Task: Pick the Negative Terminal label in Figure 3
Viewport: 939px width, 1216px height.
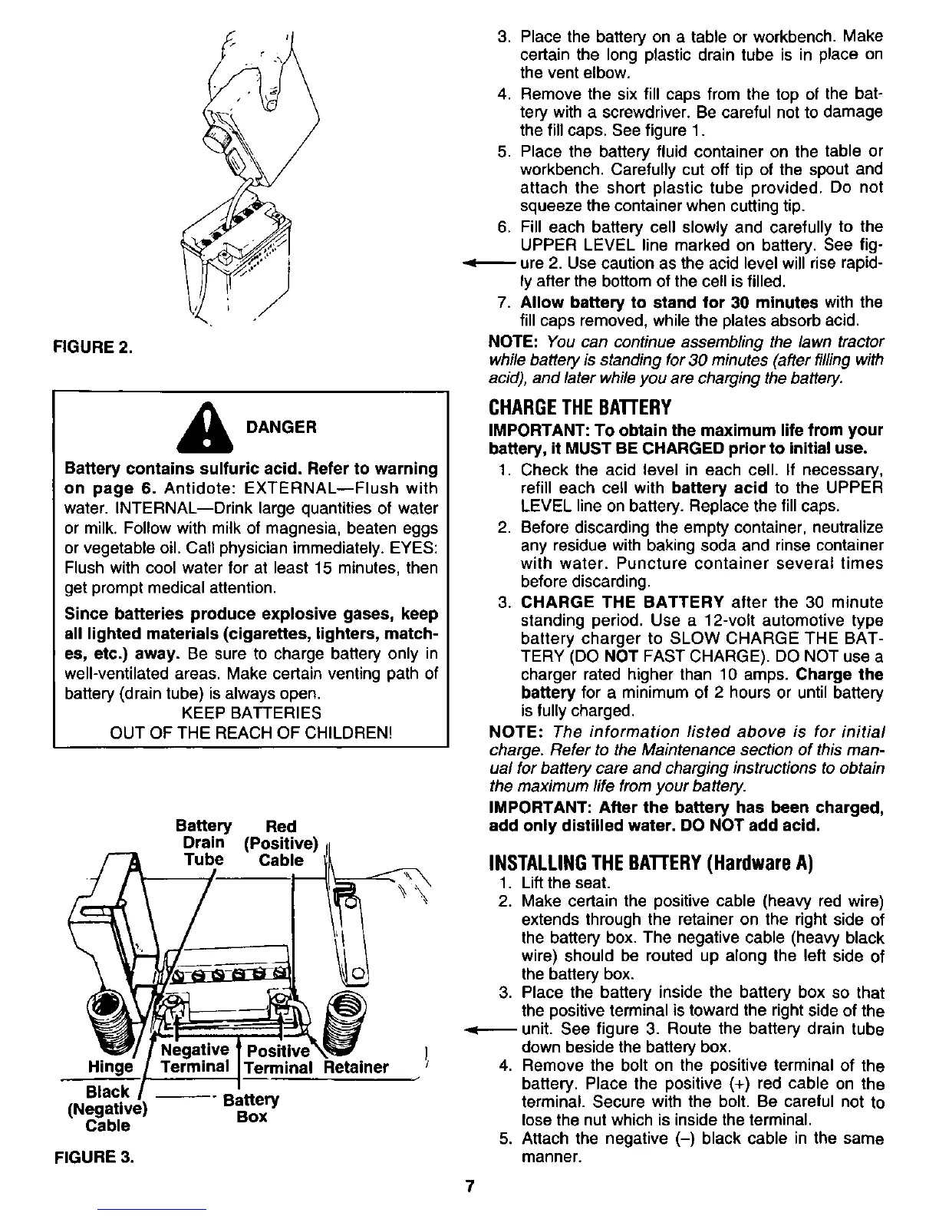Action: click(x=194, y=1058)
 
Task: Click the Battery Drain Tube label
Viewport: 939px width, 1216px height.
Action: click(x=203, y=843)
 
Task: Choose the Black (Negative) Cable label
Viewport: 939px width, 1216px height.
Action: click(x=107, y=1109)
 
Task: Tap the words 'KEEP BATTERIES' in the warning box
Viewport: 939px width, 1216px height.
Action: click(x=251, y=713)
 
